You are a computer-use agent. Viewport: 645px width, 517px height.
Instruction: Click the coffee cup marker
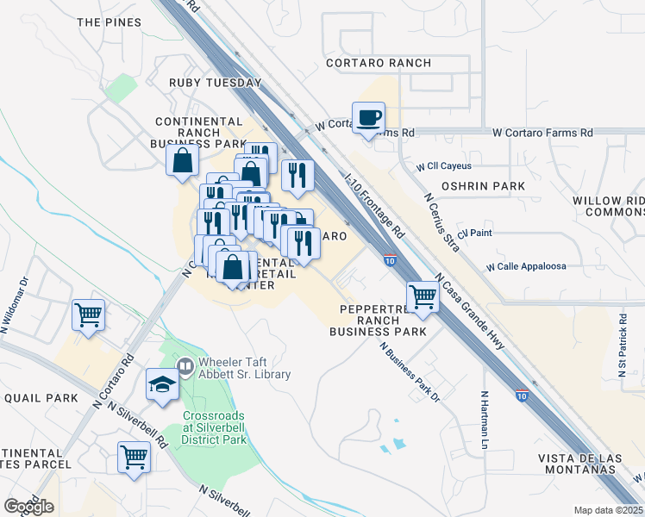click(368, 118)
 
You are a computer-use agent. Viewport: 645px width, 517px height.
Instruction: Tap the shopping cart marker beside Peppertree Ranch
click(423, 296)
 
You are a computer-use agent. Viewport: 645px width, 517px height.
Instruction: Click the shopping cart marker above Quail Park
click(88, 315)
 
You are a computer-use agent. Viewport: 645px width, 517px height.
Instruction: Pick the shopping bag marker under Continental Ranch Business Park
click(183, 161)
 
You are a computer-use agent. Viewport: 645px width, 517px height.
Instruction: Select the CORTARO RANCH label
click(379, 63)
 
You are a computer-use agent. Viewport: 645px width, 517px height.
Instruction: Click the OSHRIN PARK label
click(471, 185)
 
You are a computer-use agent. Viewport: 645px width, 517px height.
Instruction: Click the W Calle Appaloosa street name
click(526, 266)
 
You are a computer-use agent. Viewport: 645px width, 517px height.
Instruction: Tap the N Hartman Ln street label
click(485, 421)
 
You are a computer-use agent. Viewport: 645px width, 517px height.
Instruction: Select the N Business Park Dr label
click(410, 369)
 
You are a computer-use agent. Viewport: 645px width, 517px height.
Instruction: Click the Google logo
click(28, 507)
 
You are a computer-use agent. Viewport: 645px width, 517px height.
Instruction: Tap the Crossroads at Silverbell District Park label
click(214, 427)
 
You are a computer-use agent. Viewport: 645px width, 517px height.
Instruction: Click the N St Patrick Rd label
click(623, 342)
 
